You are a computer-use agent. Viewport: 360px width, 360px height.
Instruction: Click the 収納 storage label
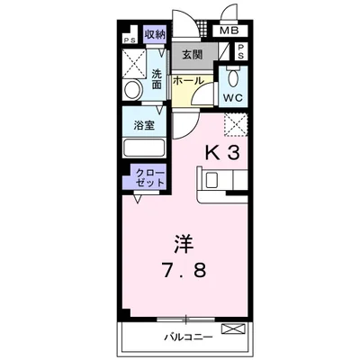155,35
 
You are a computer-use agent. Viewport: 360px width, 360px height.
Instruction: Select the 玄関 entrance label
191,55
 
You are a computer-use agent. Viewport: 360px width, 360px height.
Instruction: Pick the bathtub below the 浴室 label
144,149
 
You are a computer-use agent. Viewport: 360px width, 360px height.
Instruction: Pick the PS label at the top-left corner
130,40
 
